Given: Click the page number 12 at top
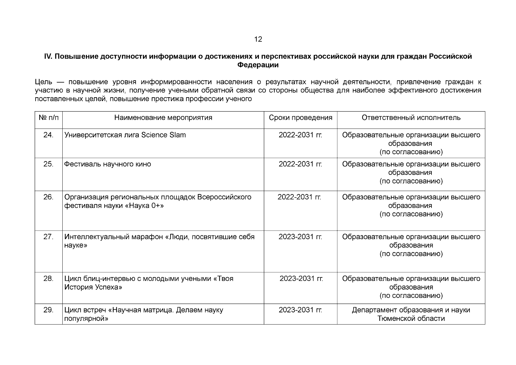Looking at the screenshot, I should (x=258, y=39).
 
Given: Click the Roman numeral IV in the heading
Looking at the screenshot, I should (x=48, y=57).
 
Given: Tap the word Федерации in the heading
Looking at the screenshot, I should (x=258, y=65).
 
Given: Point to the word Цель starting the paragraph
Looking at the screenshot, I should (x=44, y=82).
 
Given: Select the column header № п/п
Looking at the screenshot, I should (x=49, y=118).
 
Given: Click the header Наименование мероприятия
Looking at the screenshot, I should (x=163, y=118).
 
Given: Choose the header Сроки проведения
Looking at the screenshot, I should (x=300, y=118).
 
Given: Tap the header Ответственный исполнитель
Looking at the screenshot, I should (x=411, y=118).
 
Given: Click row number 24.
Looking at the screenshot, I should (x=48, y=135).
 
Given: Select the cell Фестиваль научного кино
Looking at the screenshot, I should (x=108, y=164).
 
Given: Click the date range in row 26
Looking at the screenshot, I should (x=300, y=197).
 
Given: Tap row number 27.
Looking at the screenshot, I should (x=48, y=237).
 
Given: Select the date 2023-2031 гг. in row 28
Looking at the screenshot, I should (x=301, y=279).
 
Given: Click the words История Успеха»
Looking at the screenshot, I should (x=93, y=287).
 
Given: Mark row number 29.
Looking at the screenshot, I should (x=48, y=310).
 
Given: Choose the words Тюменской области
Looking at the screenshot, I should (x=411, y=318).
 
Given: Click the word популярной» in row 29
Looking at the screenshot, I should (x=87, y=318).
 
